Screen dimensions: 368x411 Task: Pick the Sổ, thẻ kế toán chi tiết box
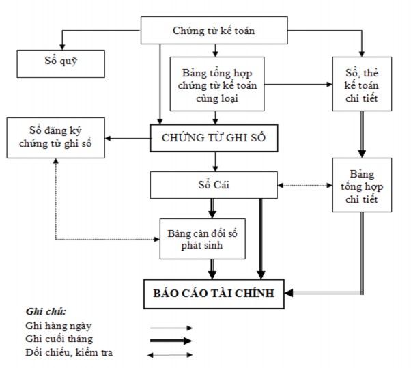pos(363,85)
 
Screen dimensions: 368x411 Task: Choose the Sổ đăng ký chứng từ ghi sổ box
pos(51,137)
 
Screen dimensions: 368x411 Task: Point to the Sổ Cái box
pos(214,184)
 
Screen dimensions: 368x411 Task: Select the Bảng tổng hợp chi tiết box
pos(362,185)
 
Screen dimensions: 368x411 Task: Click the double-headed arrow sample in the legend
pos(171,354)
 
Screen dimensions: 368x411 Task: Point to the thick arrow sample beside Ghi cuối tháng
pos(171,341)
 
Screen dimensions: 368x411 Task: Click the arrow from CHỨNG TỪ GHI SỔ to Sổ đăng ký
pos(123,139)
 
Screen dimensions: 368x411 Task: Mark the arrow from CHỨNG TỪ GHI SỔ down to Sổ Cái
pos(216,162)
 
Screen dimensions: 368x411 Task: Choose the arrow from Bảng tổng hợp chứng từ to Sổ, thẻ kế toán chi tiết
pos(296,85)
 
